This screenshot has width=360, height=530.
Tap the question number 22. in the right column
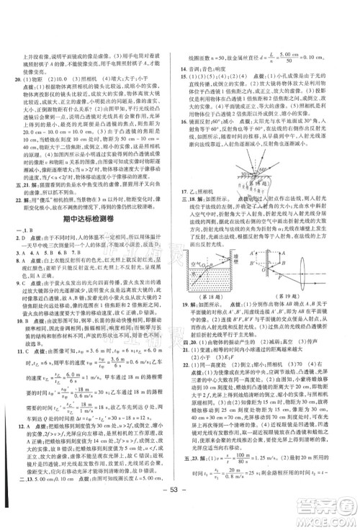click(x=189, y=369)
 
